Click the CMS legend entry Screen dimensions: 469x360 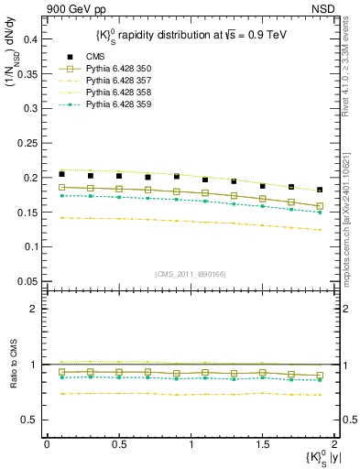tap(84, 56)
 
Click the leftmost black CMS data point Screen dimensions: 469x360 tap(61, 174)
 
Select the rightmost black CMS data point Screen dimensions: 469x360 tap(320, 190)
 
